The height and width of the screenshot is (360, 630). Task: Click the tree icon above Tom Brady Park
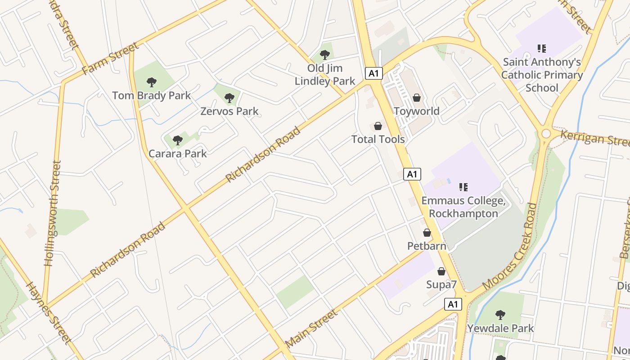(x=152, y=82)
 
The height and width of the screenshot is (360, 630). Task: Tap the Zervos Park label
(x=229, y=111)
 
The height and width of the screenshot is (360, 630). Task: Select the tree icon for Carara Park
(x=178, y=140)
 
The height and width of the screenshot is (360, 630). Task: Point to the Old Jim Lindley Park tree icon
(x=324, y=55)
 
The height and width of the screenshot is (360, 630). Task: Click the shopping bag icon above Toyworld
(x=417, y=98)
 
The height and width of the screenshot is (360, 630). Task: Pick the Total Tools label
(x=378, y=139)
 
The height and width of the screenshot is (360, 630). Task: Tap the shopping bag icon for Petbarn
(x=427, y=233)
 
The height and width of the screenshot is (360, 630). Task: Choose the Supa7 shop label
(x=441, y=284)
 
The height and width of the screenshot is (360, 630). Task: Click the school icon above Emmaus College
(x=463, y=187)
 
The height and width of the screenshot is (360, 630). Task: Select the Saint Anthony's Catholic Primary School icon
(x=541, y=49)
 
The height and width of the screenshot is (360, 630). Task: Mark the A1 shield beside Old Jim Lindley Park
(x=374, y=73)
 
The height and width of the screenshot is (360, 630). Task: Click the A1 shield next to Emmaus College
(x=412, y=174)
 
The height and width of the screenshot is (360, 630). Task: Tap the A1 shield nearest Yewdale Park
(x=453, y=304)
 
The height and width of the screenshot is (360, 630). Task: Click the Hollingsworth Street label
(x=52, y=213)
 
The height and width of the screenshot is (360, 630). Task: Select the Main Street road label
(x=311, y=328)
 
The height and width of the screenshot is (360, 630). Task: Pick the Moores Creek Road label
(x=510, y=246)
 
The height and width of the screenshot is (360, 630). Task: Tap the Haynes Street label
(x=49, y=313)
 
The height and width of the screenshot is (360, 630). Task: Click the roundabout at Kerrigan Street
(x=546, y=134)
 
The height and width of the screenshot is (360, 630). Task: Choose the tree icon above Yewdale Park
(x=500, y=315)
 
